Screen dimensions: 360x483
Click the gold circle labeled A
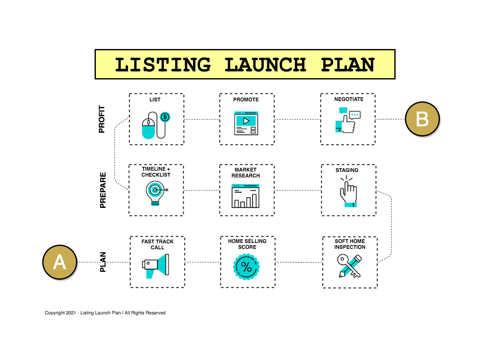pos(60,262)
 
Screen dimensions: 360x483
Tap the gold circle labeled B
pos(422,119)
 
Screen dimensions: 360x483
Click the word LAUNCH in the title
pos(265,65)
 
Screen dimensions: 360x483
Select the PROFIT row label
pos(102,120)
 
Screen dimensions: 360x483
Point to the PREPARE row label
pos(103,190)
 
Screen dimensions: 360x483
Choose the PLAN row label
pos(103,262)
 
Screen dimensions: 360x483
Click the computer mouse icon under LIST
pos(149,128)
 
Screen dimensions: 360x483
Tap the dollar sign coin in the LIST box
pos(165,117)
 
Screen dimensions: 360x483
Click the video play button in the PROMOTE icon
pos(246,121)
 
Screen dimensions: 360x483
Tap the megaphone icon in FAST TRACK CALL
pos(156,265)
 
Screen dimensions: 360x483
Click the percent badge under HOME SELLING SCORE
pos(246,267)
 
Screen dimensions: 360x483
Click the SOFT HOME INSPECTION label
pos(350,244)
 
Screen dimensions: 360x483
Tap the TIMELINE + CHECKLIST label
pos(156,172)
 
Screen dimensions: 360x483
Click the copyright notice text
pos(105,313)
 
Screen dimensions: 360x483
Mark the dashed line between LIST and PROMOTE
pos(201,120)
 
